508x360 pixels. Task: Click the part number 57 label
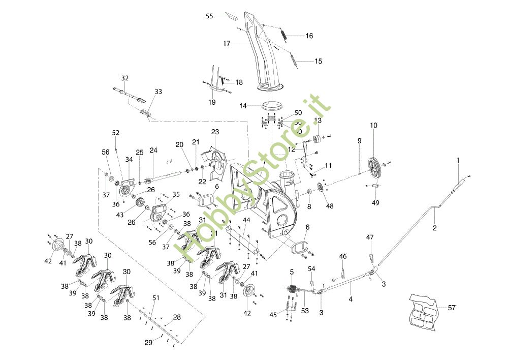[x=452, y=307]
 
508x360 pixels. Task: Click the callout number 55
[x=209, y=16]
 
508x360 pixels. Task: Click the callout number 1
[x=458, y=160]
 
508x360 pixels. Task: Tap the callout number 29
[x=148, y=343]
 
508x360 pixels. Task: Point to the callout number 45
[x=273, y=315]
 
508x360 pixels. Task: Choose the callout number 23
[x=215, y=132]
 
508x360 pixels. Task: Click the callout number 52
[x=116, y=133]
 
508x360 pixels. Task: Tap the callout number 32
[x=125, y=78]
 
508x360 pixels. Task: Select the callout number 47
[x=370, y=237]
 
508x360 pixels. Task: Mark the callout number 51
[x=156, y=298]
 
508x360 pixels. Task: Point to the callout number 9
[x=359, y=140]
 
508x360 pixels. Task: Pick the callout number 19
[x=212, y=102]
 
